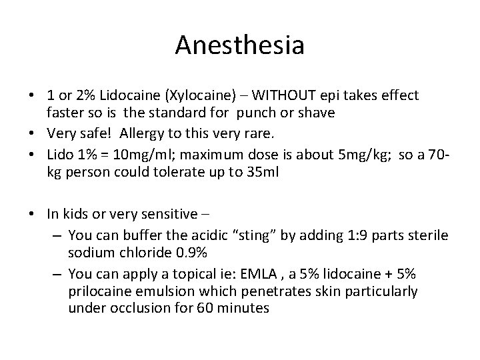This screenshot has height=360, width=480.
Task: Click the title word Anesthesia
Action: pos(240,46)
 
